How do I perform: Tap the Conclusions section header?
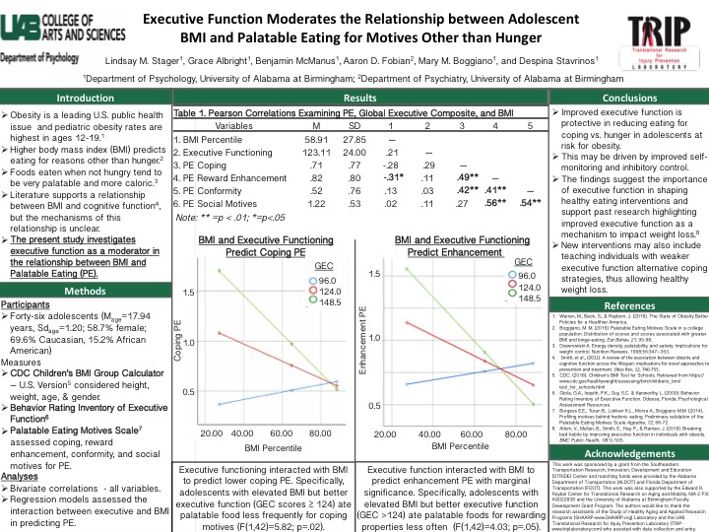pyautogui.click(x=623, y=99)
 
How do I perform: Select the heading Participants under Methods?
pyautogui.click(x=29, y=278)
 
